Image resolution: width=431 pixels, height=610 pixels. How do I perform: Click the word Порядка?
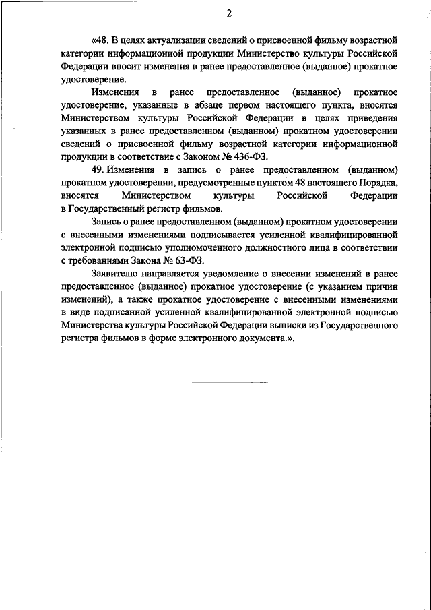pyautogui.click(x=377, y=182)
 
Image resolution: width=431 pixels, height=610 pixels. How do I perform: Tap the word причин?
pyautogui.click(x=383, y=287)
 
